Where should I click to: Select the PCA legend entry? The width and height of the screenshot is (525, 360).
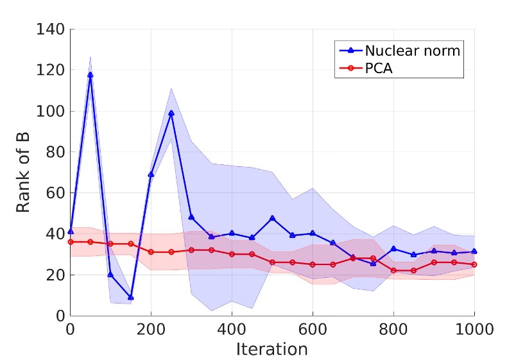coord(378,69)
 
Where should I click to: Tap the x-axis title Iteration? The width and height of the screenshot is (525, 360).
coord(271,349)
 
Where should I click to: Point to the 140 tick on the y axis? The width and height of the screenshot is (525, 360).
coord(51,29)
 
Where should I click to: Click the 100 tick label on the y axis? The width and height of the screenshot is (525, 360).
coord(51,111)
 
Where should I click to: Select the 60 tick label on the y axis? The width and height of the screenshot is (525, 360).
coord(55,193)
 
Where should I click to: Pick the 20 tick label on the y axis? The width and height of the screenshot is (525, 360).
coord(55,275)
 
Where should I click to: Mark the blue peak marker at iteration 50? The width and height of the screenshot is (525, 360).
coord(90,75)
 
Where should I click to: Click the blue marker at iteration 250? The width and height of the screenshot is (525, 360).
coord(171,113)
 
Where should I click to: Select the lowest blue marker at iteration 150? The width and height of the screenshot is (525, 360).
coord(131,297)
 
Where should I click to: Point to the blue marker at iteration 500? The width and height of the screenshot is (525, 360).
coord(272,218)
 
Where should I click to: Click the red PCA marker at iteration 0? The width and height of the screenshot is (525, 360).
coord(71,242)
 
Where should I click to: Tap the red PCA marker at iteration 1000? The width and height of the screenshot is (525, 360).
coord(474,264)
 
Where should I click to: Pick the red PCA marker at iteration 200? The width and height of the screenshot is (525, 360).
coord(151,252)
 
